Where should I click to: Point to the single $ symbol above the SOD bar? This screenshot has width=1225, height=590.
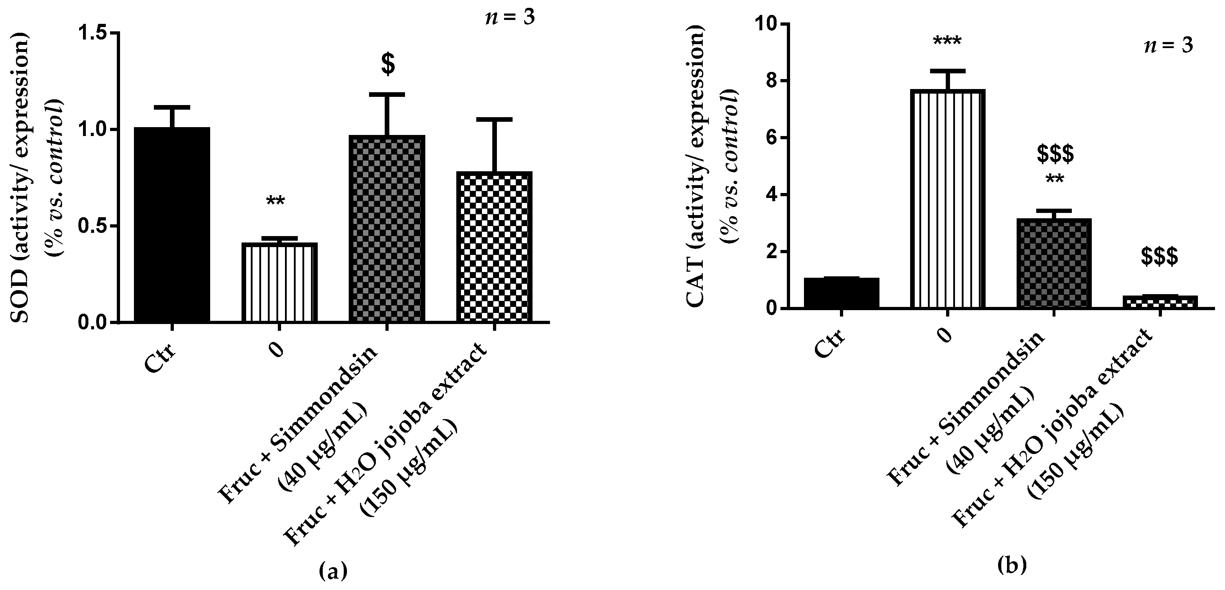pyautogui.click(x=388, y=65)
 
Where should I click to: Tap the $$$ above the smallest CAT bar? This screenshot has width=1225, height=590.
pyautogui.click(x=1159, y=257)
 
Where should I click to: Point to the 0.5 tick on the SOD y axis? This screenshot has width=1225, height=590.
pyautogui.click(x=95, y=226)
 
